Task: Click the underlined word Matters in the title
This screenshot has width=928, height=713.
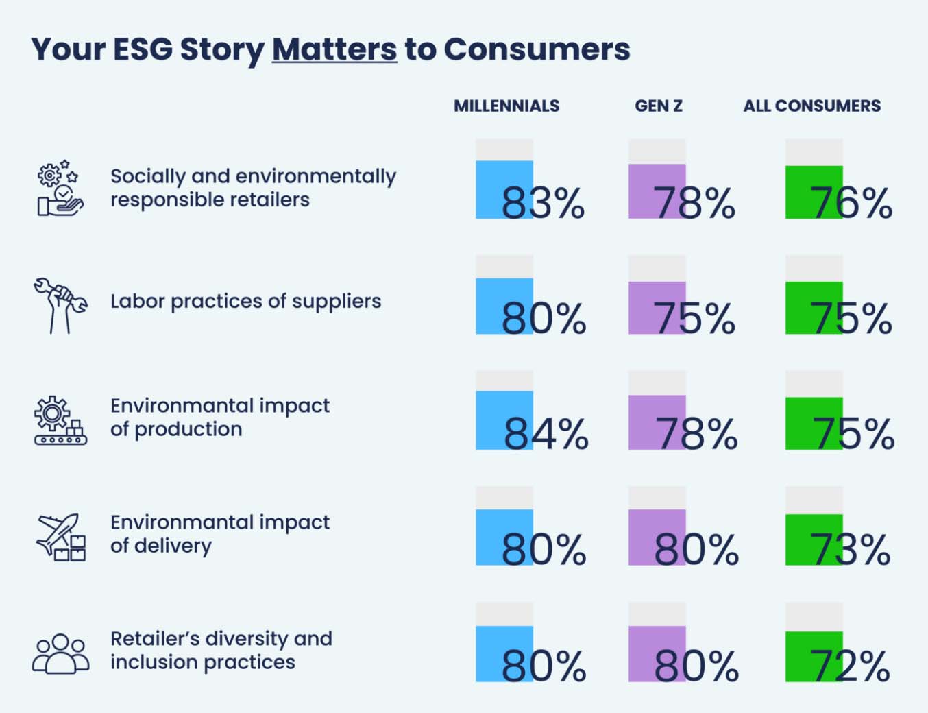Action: (x=334, y=49)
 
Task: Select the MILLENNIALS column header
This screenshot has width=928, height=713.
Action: (x=506, y=106)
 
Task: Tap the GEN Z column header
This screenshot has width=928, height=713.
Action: (x=658, y=106)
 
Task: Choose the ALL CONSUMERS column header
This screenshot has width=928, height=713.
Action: (x=811, y=106)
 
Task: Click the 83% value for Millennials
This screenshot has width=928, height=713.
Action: (x=542, y=203)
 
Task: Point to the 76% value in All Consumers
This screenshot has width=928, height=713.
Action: (x=851, y=203)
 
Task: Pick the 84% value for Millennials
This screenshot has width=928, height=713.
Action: (x=546, y=434)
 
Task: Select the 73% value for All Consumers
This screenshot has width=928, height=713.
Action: (x=850, y=550)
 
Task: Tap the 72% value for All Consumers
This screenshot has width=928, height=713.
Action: (x=850, y=666)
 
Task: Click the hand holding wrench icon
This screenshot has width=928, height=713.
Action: (x=60, y=305)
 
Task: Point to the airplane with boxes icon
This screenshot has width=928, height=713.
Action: (x=60, y=537)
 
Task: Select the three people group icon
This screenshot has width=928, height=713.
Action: (x=60, y=653)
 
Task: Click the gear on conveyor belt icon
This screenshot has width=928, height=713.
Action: (x=60, y=420)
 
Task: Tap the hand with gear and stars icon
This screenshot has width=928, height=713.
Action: (x=60, y=189)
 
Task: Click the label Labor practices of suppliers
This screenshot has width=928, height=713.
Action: (x=245, y=301)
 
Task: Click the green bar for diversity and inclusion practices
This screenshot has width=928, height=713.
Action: (x=814, y=655)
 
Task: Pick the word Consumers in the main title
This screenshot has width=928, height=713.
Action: (x=537, y=49)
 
